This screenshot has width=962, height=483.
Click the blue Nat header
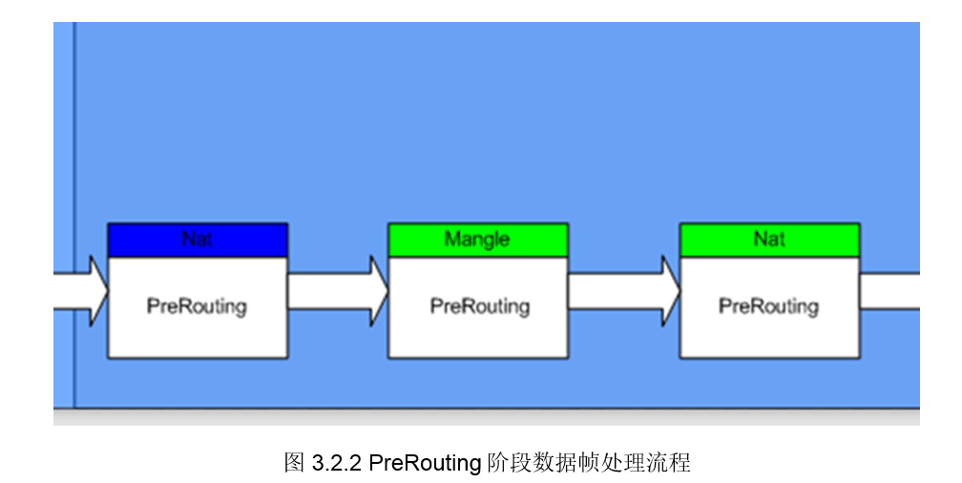point(198,240)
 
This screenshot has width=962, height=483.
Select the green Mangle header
point(477,240)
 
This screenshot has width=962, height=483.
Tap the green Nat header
point(769,240)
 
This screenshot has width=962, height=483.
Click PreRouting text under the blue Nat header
point(197,306)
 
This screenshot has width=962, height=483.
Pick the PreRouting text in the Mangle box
point(479,306)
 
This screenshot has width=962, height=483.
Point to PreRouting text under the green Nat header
point(768,306)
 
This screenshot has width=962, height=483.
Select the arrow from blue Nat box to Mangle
point(334,290)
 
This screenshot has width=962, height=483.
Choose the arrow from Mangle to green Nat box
point(620,290)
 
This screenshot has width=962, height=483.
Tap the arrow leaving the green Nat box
point(889,290)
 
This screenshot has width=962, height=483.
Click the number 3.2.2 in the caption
point(335,464)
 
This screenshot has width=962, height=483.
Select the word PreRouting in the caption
point(425,464)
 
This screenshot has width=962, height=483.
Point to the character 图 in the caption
point(294,464)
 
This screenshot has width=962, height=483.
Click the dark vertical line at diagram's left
point(73,191)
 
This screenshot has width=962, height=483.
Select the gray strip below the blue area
point(487,417)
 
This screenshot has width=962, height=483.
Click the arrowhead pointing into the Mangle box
point(379,290)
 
